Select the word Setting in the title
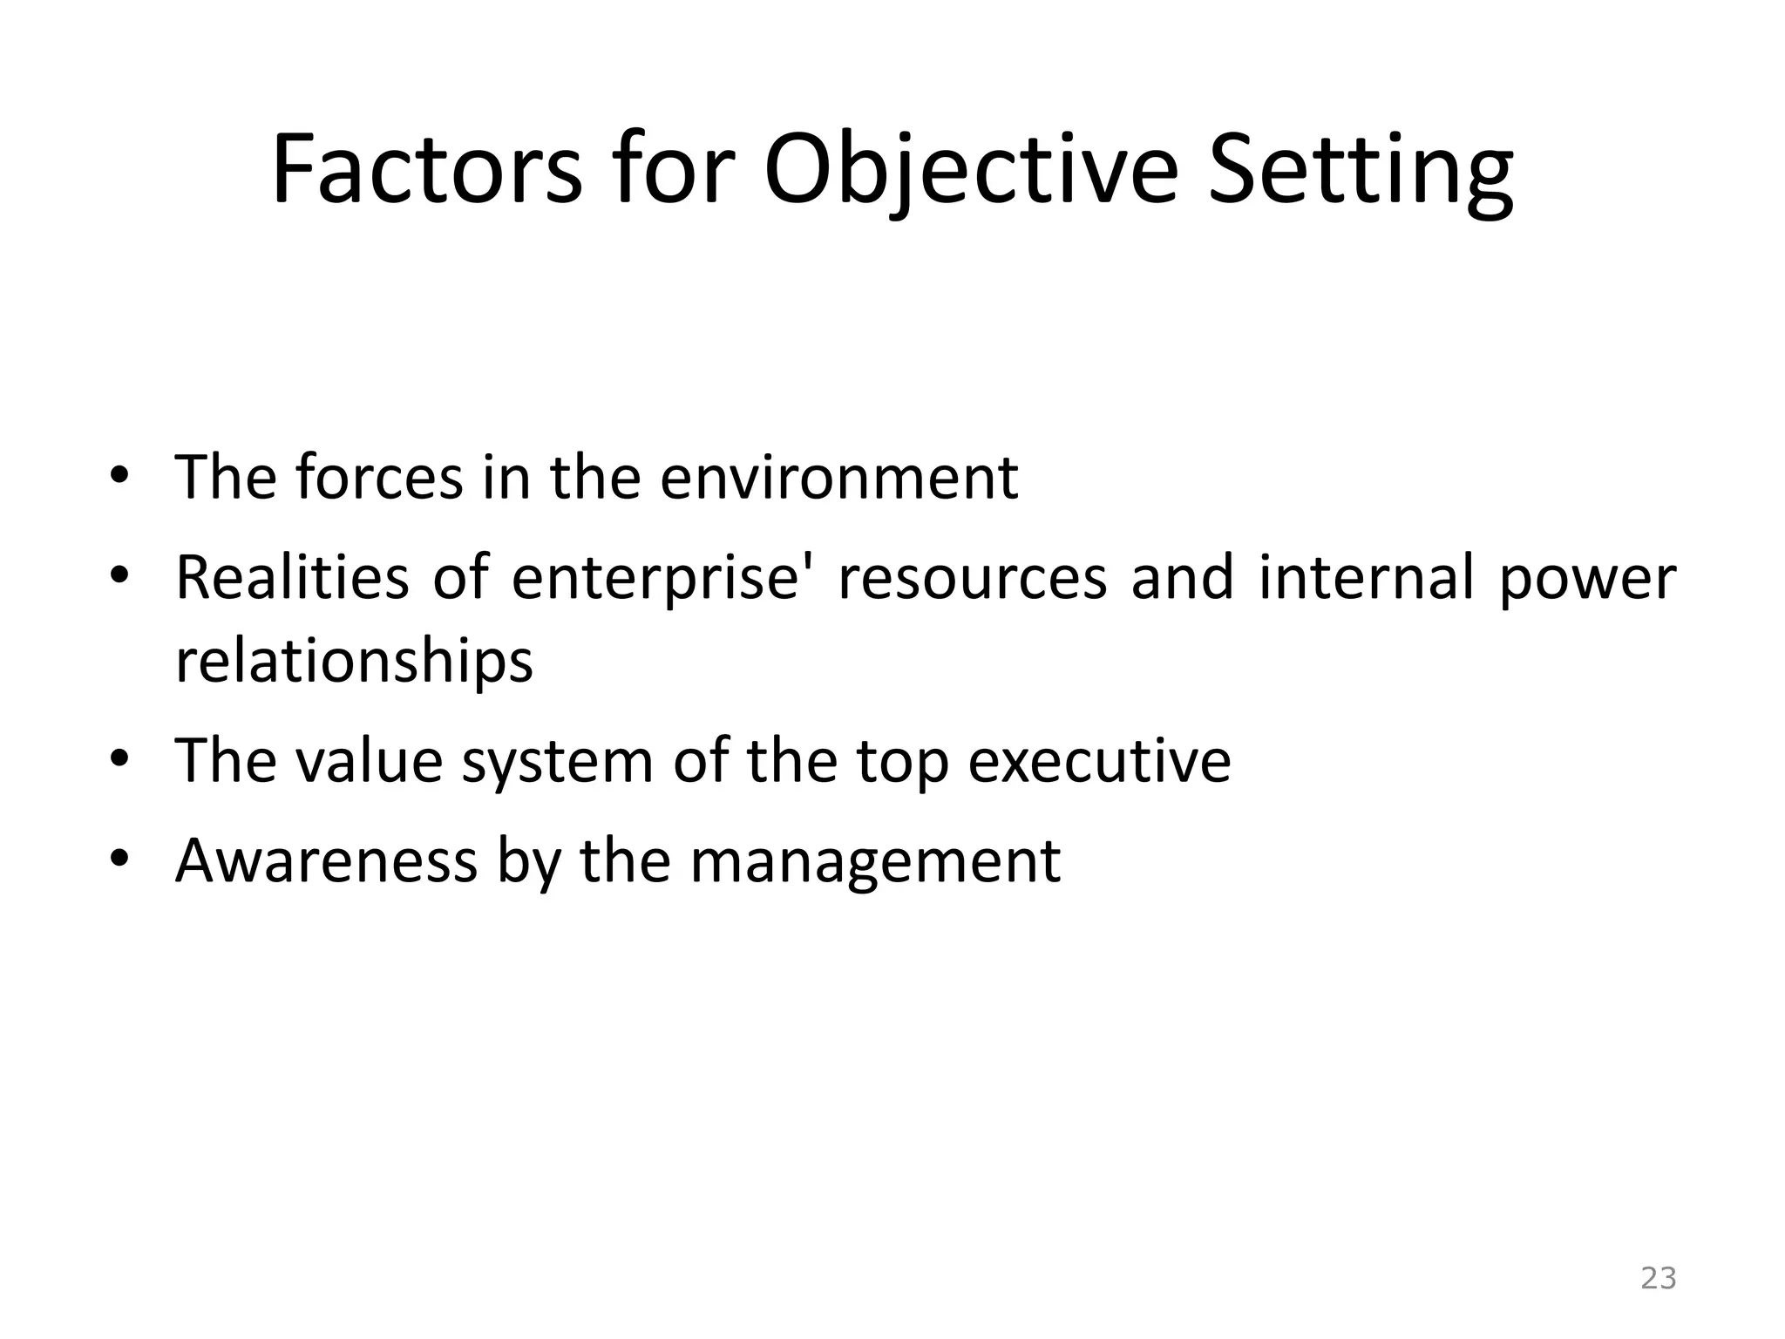click(1361, 171)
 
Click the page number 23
click(1658, 1278)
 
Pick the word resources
click(972, 579)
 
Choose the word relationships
click(354, 662)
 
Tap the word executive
click(1099, 761)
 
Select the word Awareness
click(326, 860)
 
